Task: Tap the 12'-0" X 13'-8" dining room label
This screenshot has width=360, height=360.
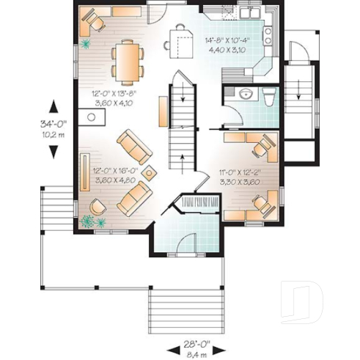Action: click(113, 98)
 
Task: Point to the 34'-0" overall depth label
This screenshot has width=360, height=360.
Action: click(53, 129)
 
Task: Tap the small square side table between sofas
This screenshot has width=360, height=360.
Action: click(150, 173)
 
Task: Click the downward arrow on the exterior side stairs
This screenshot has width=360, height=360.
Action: click(299, 88)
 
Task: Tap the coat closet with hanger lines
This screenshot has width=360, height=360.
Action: click(194, 202)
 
